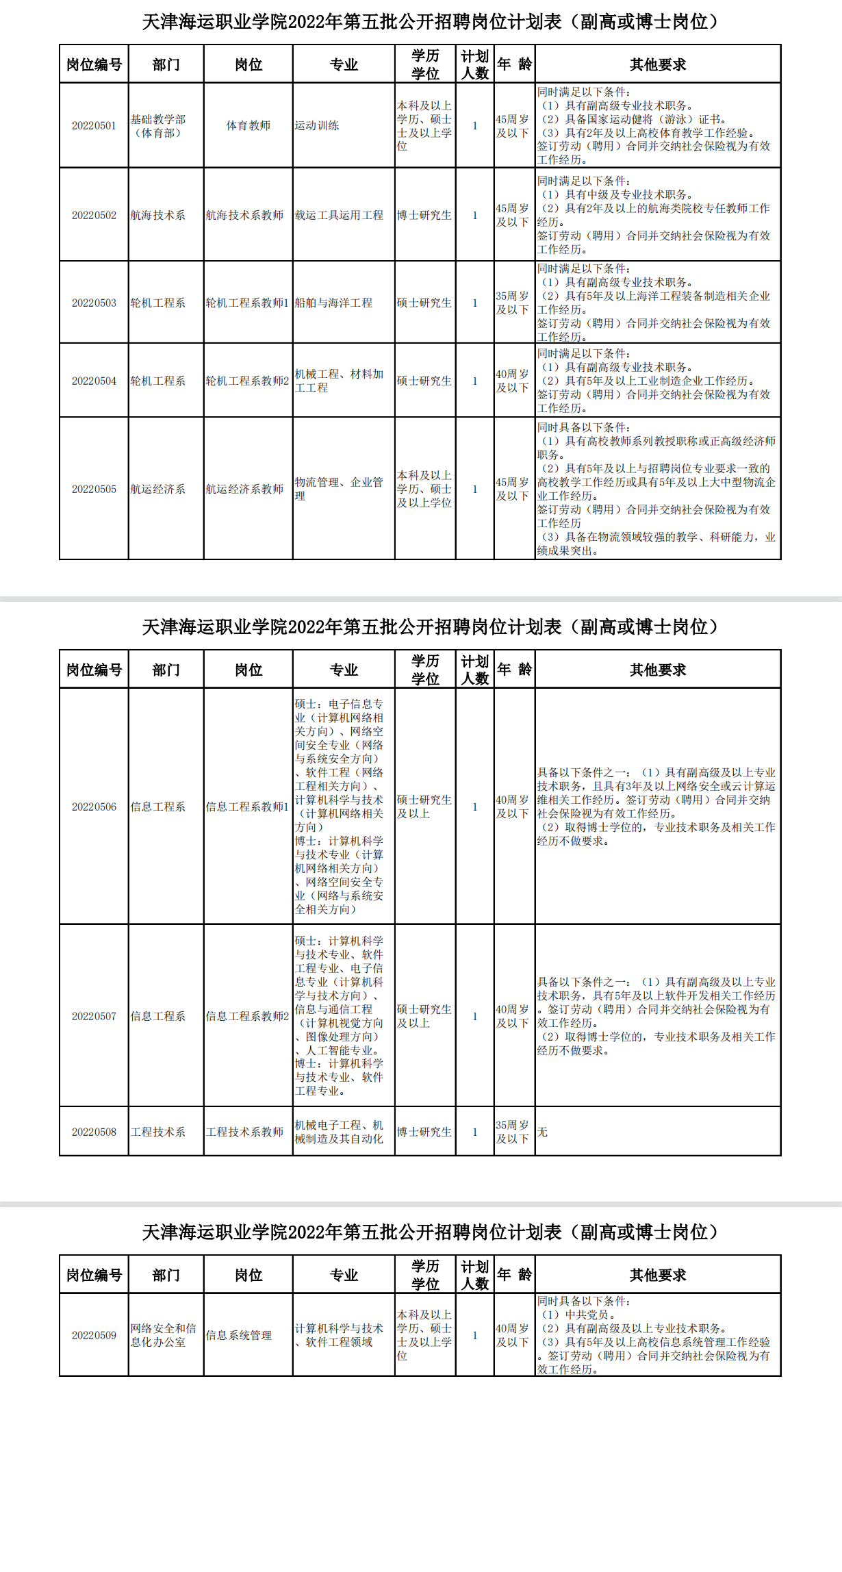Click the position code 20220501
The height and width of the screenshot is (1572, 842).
pos(94,126)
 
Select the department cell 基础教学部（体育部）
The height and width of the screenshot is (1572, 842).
pos(158,126)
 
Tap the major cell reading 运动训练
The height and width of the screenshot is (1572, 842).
pos(317,126)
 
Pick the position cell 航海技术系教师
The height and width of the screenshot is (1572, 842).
pos(244,215)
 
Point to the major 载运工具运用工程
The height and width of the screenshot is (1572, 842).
pos(339,215)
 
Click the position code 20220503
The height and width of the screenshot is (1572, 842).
pos(94,303)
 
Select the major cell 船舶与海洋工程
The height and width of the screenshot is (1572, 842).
pos(333,303)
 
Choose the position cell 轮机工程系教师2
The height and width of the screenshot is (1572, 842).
pos(247,381)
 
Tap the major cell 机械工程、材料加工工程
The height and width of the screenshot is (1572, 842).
pos(339,381)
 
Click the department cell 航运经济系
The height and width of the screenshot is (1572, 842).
pos(158,489)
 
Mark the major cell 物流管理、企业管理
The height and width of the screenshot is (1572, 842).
pos(339,489)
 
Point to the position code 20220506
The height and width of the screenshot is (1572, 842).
pos(94,807)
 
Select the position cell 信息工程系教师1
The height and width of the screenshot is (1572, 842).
pos(247,807)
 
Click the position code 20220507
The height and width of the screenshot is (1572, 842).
pos(94,1016)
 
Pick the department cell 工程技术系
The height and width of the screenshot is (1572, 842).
pos(158,1132)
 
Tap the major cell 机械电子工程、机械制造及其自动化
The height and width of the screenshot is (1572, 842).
pos(339,1132)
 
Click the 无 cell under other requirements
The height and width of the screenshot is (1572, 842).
pos(542,1132)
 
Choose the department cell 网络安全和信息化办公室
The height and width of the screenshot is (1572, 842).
pos(164,1335)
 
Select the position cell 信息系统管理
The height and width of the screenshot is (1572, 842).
pos(239,1335)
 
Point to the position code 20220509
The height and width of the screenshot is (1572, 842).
pos(94,1335)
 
